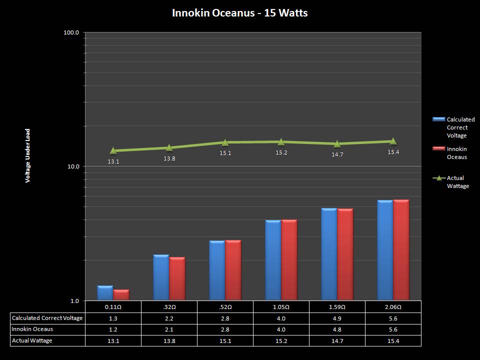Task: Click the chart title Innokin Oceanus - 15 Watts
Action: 239,13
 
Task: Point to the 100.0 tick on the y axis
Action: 72,32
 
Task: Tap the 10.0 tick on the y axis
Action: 73,166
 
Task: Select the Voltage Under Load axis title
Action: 28,155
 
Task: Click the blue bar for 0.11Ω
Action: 105,293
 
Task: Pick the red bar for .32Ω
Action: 177,278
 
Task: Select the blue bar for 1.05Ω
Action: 273,260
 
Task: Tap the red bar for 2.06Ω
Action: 401,250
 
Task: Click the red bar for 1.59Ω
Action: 345,254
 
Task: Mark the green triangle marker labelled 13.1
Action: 113,150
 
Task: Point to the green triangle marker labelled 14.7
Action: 337,144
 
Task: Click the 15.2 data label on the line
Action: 281,152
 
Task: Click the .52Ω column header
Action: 225,306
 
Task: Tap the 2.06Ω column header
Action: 393,306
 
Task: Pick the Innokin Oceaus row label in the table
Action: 32,329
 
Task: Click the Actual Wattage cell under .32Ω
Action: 169,340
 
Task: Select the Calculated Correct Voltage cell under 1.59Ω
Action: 337,318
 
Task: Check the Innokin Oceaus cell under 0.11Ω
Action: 113,329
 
